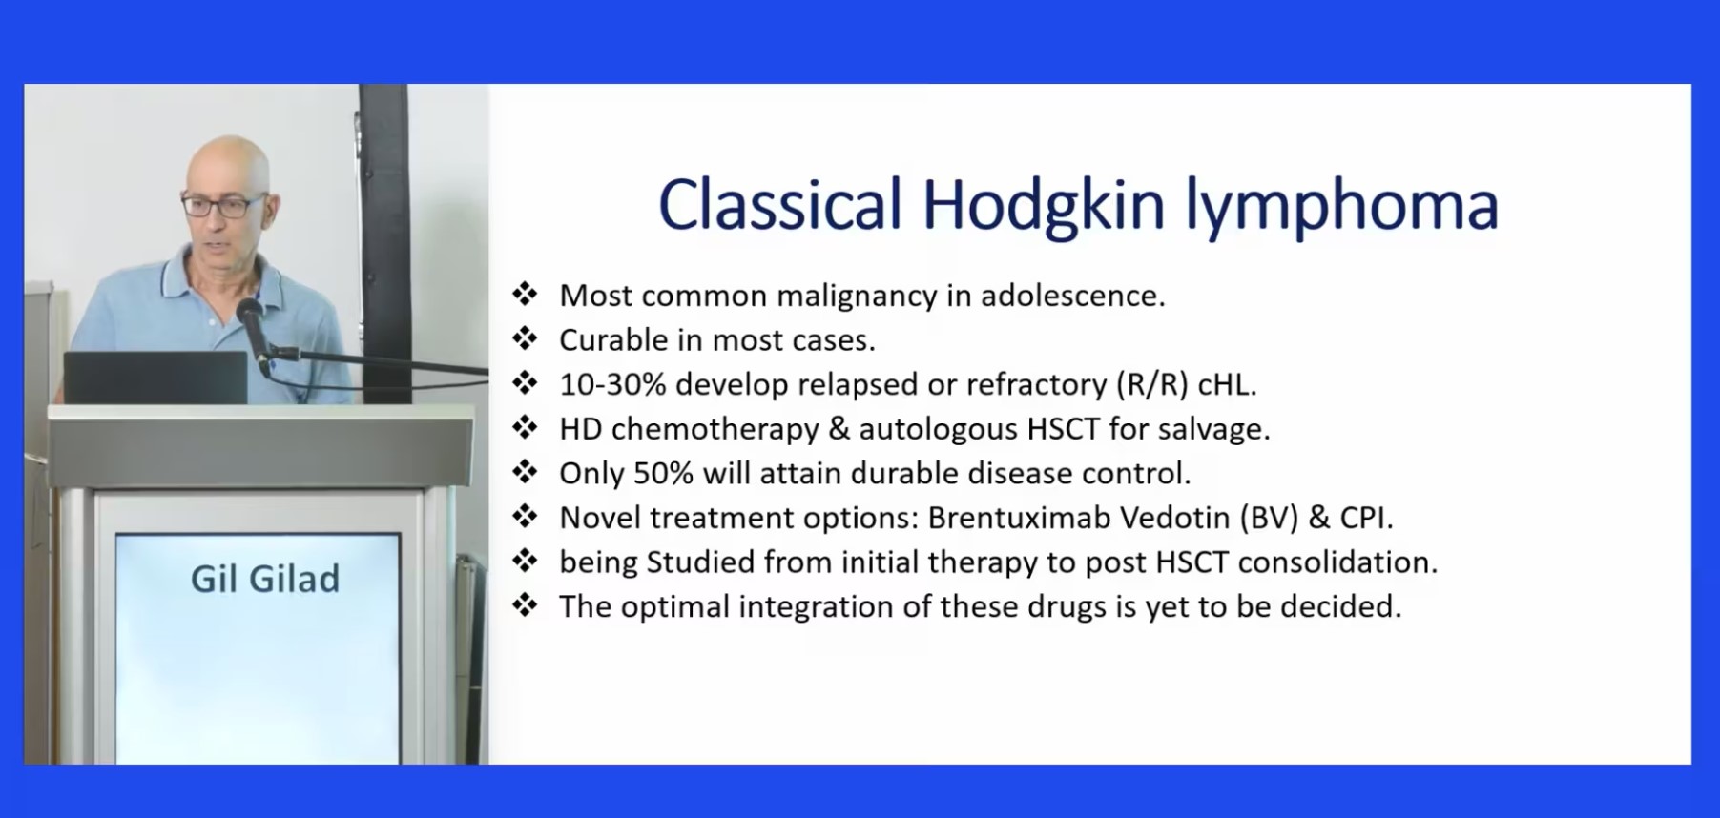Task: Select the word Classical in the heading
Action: (779, 204)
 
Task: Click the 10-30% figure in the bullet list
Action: (612, 384)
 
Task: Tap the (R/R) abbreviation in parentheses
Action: (1152, 384)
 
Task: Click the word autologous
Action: (939, 429)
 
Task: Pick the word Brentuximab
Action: (1019, 518)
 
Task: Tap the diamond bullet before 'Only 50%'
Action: (525, 471)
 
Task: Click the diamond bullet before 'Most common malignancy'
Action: (525, 294)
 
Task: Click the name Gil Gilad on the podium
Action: (265, 579)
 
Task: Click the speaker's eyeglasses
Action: (222, 205)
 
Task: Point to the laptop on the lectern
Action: (155, 378)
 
